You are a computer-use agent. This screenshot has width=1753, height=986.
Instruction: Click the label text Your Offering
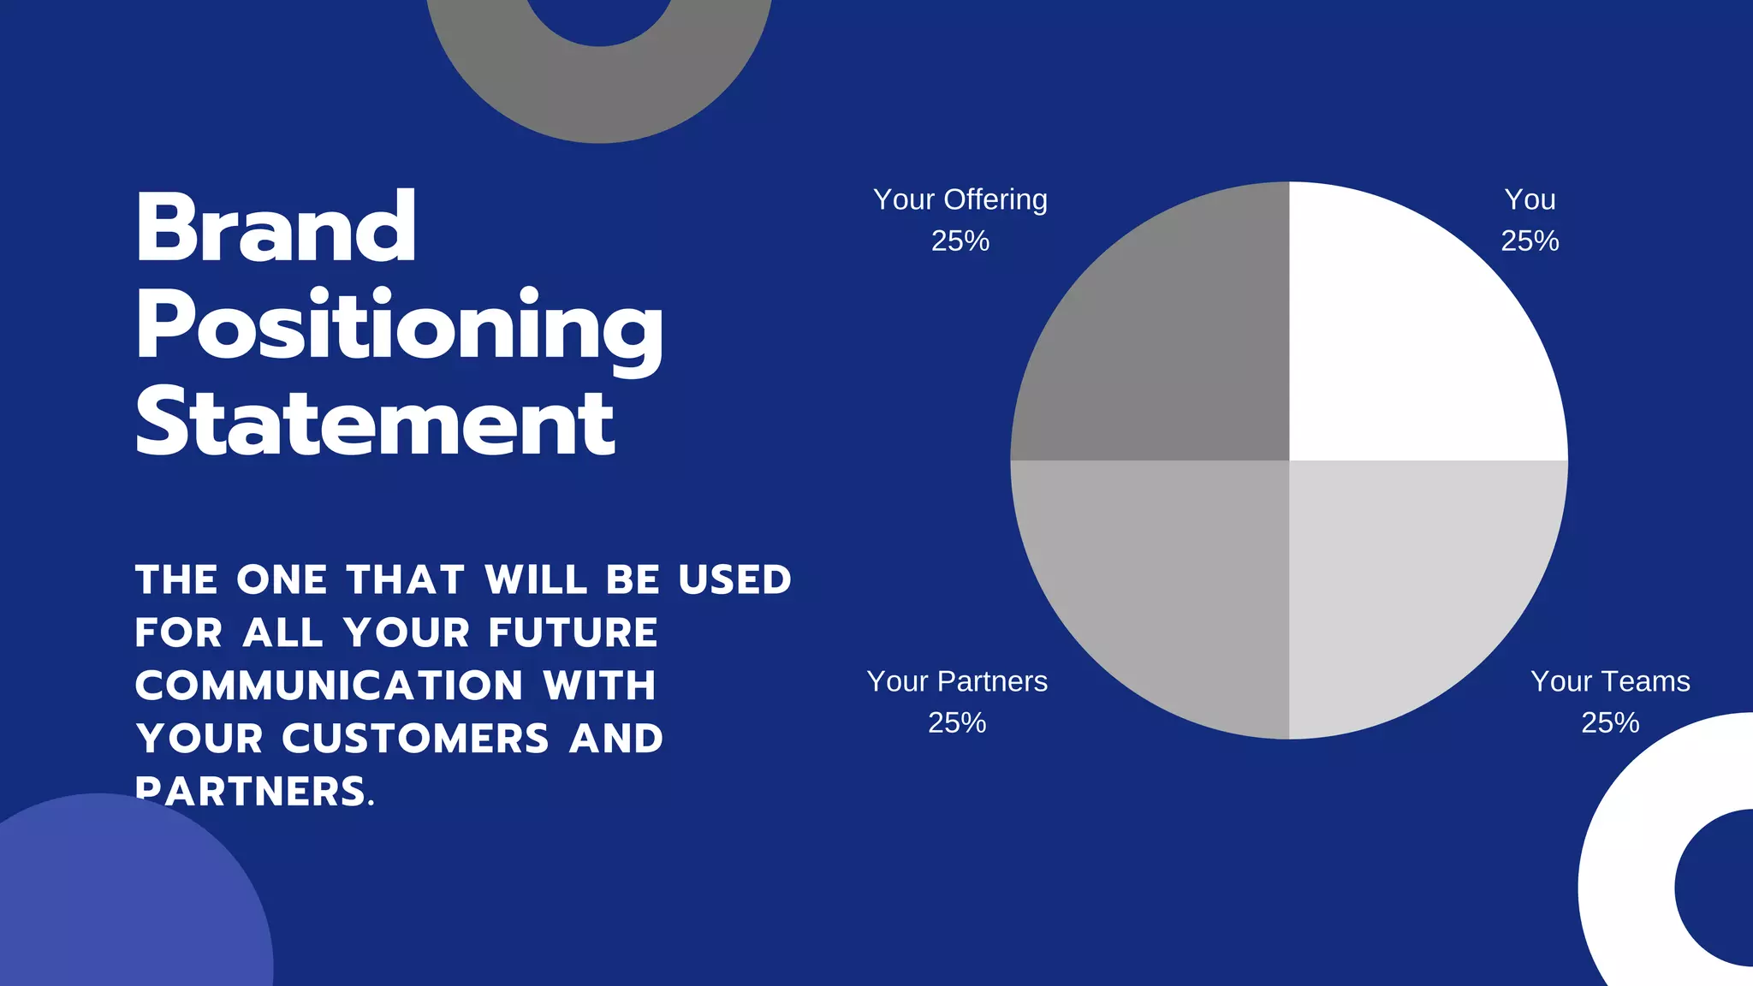point(960,199)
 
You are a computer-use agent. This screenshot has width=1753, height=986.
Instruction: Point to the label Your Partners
point(957,681)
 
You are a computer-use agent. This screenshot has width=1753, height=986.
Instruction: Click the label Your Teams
point(1610,681)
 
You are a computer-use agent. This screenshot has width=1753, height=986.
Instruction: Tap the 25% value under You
point(1530,241)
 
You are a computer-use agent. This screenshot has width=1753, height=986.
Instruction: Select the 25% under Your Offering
point(960,241)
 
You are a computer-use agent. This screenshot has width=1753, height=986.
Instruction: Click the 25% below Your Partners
point(957,723)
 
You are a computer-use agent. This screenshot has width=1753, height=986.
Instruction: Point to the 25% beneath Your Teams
point(1610,723)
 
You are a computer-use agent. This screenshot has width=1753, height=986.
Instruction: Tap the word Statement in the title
point(375,423)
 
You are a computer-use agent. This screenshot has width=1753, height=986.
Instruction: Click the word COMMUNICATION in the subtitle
point(330,686)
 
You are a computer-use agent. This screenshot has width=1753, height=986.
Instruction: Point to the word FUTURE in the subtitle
point(573,633)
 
